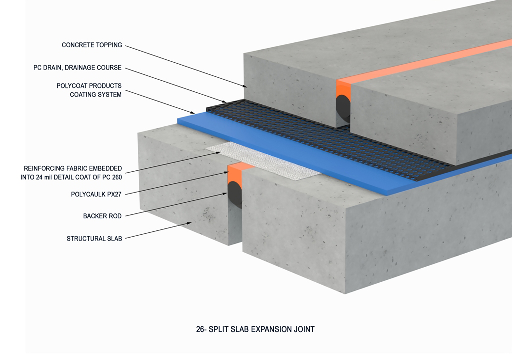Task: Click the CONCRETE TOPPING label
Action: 92,45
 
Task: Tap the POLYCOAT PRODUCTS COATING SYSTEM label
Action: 89,90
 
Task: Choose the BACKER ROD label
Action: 102,216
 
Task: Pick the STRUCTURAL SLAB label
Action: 94,239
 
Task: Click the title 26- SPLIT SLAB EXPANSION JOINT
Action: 255,330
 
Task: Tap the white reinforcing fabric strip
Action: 265,162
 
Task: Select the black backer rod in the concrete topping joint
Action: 343,107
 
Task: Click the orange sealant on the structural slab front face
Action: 235,174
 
